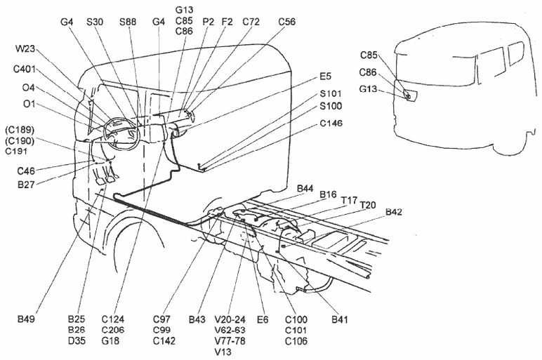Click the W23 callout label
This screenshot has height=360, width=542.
coord(25,48)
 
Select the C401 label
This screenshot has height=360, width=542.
coord(25,69)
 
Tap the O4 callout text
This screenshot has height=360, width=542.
coord(28,88)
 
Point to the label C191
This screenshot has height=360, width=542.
coord(16,151)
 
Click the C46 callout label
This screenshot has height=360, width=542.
coord(26,171)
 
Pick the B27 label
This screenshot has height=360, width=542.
coord(26,185)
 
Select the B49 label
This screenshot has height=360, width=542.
coord(26,319)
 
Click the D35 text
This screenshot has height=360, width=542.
coord(77,340)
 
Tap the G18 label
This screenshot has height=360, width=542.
coord(111,340)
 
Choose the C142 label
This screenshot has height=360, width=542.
coord(164,340)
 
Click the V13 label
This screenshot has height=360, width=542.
coord(223,352)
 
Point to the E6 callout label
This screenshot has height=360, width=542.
coord(263,319)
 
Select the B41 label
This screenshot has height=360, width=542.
coord(339,319)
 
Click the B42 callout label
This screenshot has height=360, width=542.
coord(394,212)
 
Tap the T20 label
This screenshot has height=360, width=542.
coord(368,205)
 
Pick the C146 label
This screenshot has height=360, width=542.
coord(331,124)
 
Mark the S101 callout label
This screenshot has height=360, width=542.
coord(331,93)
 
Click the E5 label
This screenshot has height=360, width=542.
coord(325,76)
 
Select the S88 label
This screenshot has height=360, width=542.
coord(128,22)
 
